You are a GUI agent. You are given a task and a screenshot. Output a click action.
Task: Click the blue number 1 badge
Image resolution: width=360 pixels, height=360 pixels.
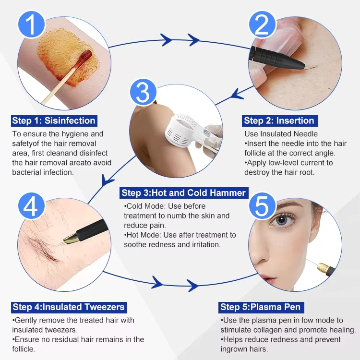pyautogui.click(x=32, y=24)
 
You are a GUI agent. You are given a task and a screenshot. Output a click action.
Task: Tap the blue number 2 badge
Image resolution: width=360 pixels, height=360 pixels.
pyautogui.click(x=262, y=24)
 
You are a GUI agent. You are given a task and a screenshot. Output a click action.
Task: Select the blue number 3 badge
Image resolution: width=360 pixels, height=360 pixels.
pyautogui.click(x=143, y=92)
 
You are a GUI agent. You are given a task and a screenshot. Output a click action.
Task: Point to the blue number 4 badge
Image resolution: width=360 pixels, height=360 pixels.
pyautogui.click(x=32, y=206)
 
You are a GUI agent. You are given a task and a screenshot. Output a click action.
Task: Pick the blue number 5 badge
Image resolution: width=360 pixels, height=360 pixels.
pyautogui.click(x=262, y=206)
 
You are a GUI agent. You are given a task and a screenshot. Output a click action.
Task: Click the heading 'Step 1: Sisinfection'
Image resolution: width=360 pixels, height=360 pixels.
pyautogui.click(x=54, y=121)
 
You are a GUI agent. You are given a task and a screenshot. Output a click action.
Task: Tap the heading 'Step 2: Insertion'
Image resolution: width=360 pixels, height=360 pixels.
pyautogui.click(x=279, y=121)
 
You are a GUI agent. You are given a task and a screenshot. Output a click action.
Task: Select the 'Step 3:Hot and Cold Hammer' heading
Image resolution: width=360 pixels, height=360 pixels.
pyautogui.click(x=184, y=193)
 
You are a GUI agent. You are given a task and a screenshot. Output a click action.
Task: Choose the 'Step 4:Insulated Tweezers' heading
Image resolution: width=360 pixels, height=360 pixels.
pyautogui.click(x=69, y=307)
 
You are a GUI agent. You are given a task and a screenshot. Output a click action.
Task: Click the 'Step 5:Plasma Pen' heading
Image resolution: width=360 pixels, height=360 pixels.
pyautogui.click(x=261, y=307)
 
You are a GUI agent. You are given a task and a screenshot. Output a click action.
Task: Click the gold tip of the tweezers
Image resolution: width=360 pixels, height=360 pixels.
pyautogui.click(x=71, y=238)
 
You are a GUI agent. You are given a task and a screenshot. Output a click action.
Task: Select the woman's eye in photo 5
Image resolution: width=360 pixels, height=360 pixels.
pyautogui.click(x=282, y=220)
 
